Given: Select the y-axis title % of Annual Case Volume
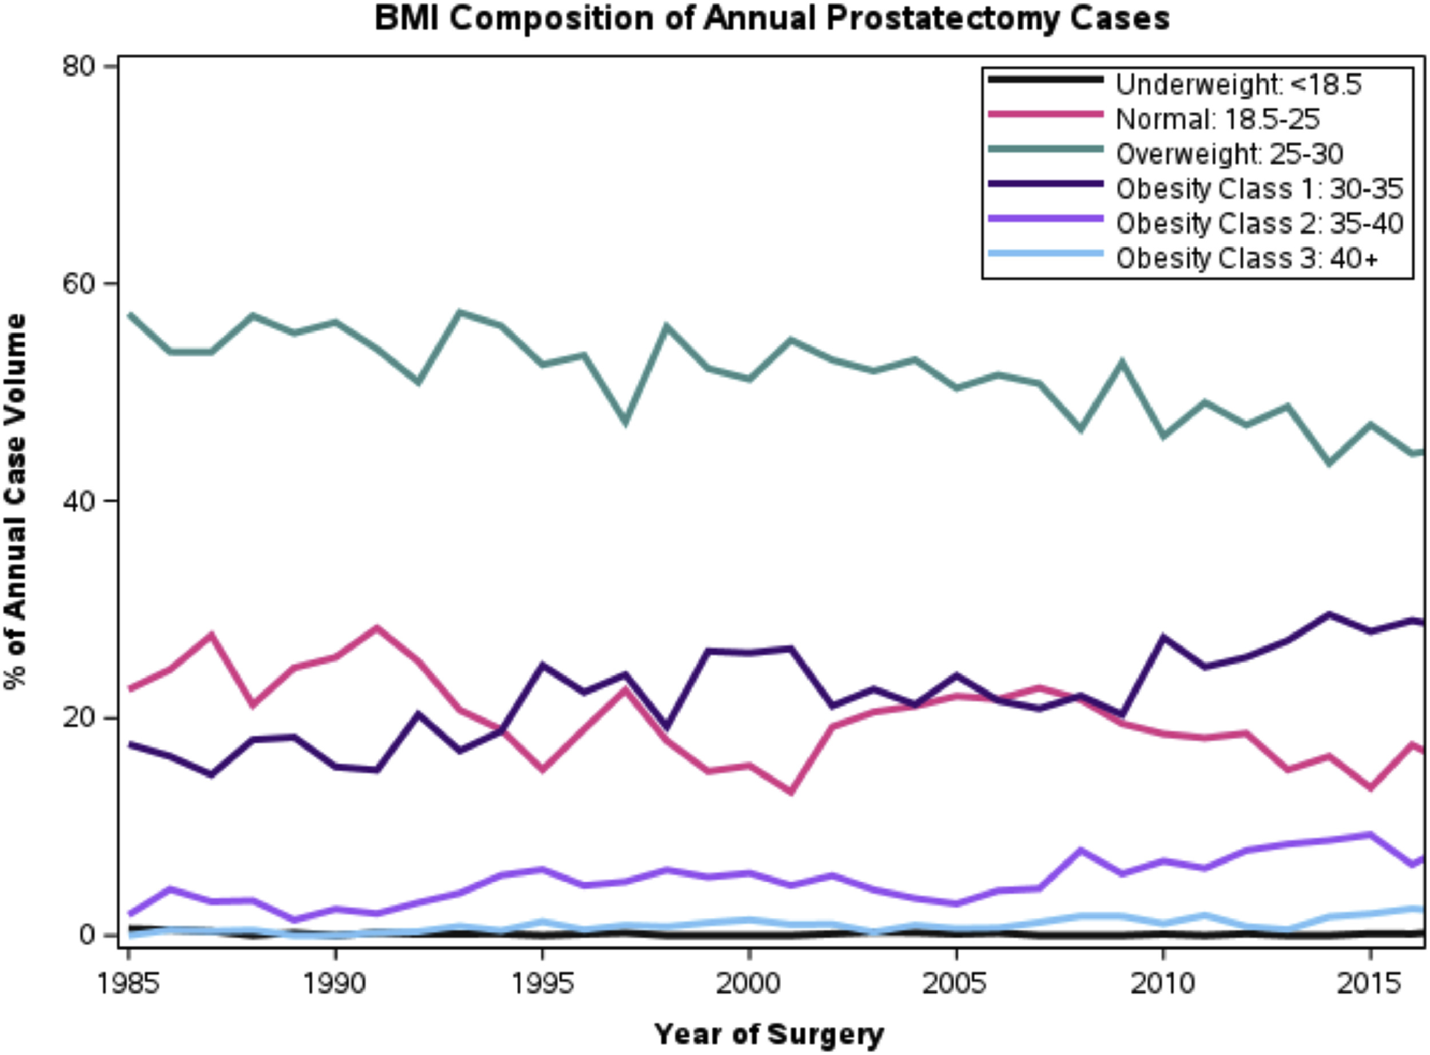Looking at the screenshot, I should click(x=17, y=501).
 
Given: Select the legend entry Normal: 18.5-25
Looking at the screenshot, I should click(x=1217, y=119).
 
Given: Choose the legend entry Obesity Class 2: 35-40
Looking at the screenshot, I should click(x=1259, y=224).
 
